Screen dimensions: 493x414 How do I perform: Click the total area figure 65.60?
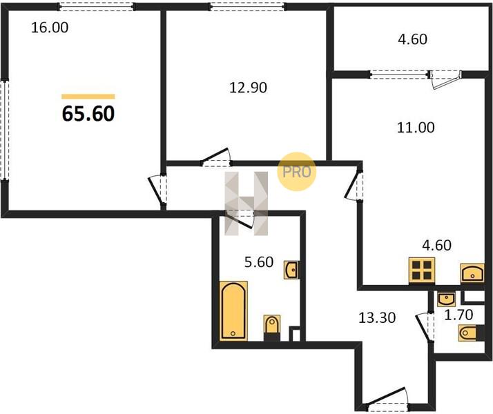[x=88, y=113]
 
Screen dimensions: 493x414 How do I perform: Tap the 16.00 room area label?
[x=50, y=28]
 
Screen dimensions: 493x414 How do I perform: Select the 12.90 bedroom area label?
[x=248, y=88]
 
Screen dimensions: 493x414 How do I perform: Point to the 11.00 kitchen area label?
[x=416, y=128]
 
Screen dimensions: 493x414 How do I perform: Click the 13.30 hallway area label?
[x=377, y=318]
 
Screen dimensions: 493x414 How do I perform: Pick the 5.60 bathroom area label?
[x=259, y=262]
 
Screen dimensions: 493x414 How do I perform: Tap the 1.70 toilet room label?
[x=458, y=315]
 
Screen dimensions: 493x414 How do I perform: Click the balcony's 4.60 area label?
[x=412, y=39]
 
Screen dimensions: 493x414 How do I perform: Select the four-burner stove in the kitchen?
[x=422, y=270]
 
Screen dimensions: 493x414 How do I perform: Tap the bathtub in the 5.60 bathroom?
[x=233, y=310]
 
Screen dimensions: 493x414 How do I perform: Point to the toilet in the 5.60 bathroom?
[x=271, y=327]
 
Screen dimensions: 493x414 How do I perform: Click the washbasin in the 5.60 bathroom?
[x=291, y=270]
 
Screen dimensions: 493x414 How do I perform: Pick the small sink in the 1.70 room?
[x=446, y=299]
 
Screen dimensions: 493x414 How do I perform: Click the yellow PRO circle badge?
[x=296, y=172]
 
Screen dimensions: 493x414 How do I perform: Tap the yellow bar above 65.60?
[x=88, y=97]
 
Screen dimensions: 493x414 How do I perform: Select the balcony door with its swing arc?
[x=445, y=79]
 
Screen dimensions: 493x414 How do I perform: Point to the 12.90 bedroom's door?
[x=216, y=157]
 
